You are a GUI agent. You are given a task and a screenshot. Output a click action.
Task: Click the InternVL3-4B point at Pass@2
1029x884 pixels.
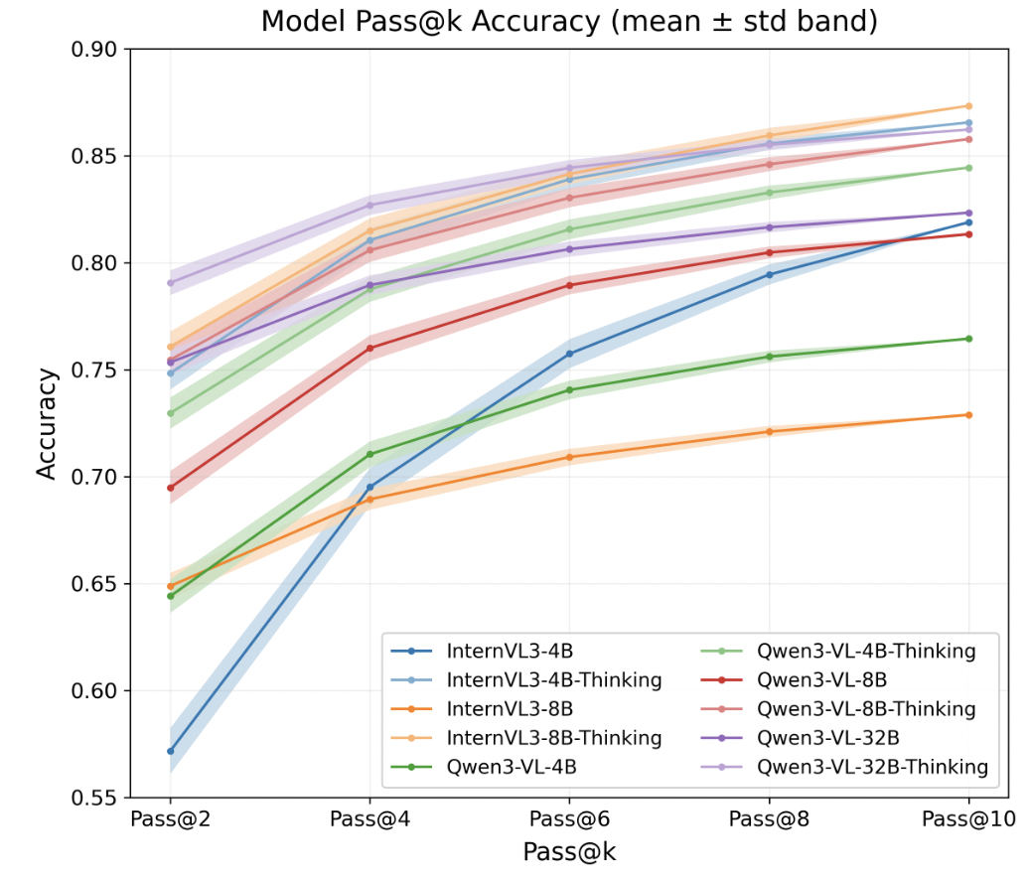[170, 751]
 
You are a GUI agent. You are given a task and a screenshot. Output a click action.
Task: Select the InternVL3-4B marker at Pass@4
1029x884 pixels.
[370, 487]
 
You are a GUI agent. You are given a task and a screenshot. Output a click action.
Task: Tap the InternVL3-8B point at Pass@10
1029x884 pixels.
[968, 414]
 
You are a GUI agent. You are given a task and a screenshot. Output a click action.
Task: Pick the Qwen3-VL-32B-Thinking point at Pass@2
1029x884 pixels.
[170, 283]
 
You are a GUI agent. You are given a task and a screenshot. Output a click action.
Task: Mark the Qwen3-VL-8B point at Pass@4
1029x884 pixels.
[370, 349]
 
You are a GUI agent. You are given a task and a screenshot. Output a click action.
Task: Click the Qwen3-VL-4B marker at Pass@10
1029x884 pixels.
[968, 339]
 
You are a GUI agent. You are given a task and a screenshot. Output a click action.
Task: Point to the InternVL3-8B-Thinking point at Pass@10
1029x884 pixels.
[968, 106]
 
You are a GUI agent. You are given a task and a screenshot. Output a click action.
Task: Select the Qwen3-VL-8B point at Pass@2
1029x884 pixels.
[170, 488]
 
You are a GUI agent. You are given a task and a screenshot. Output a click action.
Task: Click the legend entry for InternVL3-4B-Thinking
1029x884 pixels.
[553, 680]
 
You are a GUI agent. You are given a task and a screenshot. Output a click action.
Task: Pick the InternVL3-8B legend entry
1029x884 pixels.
[510, 709]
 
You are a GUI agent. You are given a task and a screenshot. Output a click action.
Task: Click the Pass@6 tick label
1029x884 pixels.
[569, 820]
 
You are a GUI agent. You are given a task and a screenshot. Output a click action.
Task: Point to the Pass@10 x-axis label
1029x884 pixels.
[968, 820]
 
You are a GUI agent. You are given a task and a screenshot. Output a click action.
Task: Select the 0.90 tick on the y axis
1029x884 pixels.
[95, 50]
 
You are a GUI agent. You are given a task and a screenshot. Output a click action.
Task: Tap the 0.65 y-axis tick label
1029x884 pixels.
[95, 584]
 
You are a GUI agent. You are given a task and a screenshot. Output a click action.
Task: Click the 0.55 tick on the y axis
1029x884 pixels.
[95, 798]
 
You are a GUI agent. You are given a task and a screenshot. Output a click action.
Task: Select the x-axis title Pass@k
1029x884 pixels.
[569, 852]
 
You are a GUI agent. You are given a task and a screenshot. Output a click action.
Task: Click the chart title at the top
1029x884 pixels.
[569, 22]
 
